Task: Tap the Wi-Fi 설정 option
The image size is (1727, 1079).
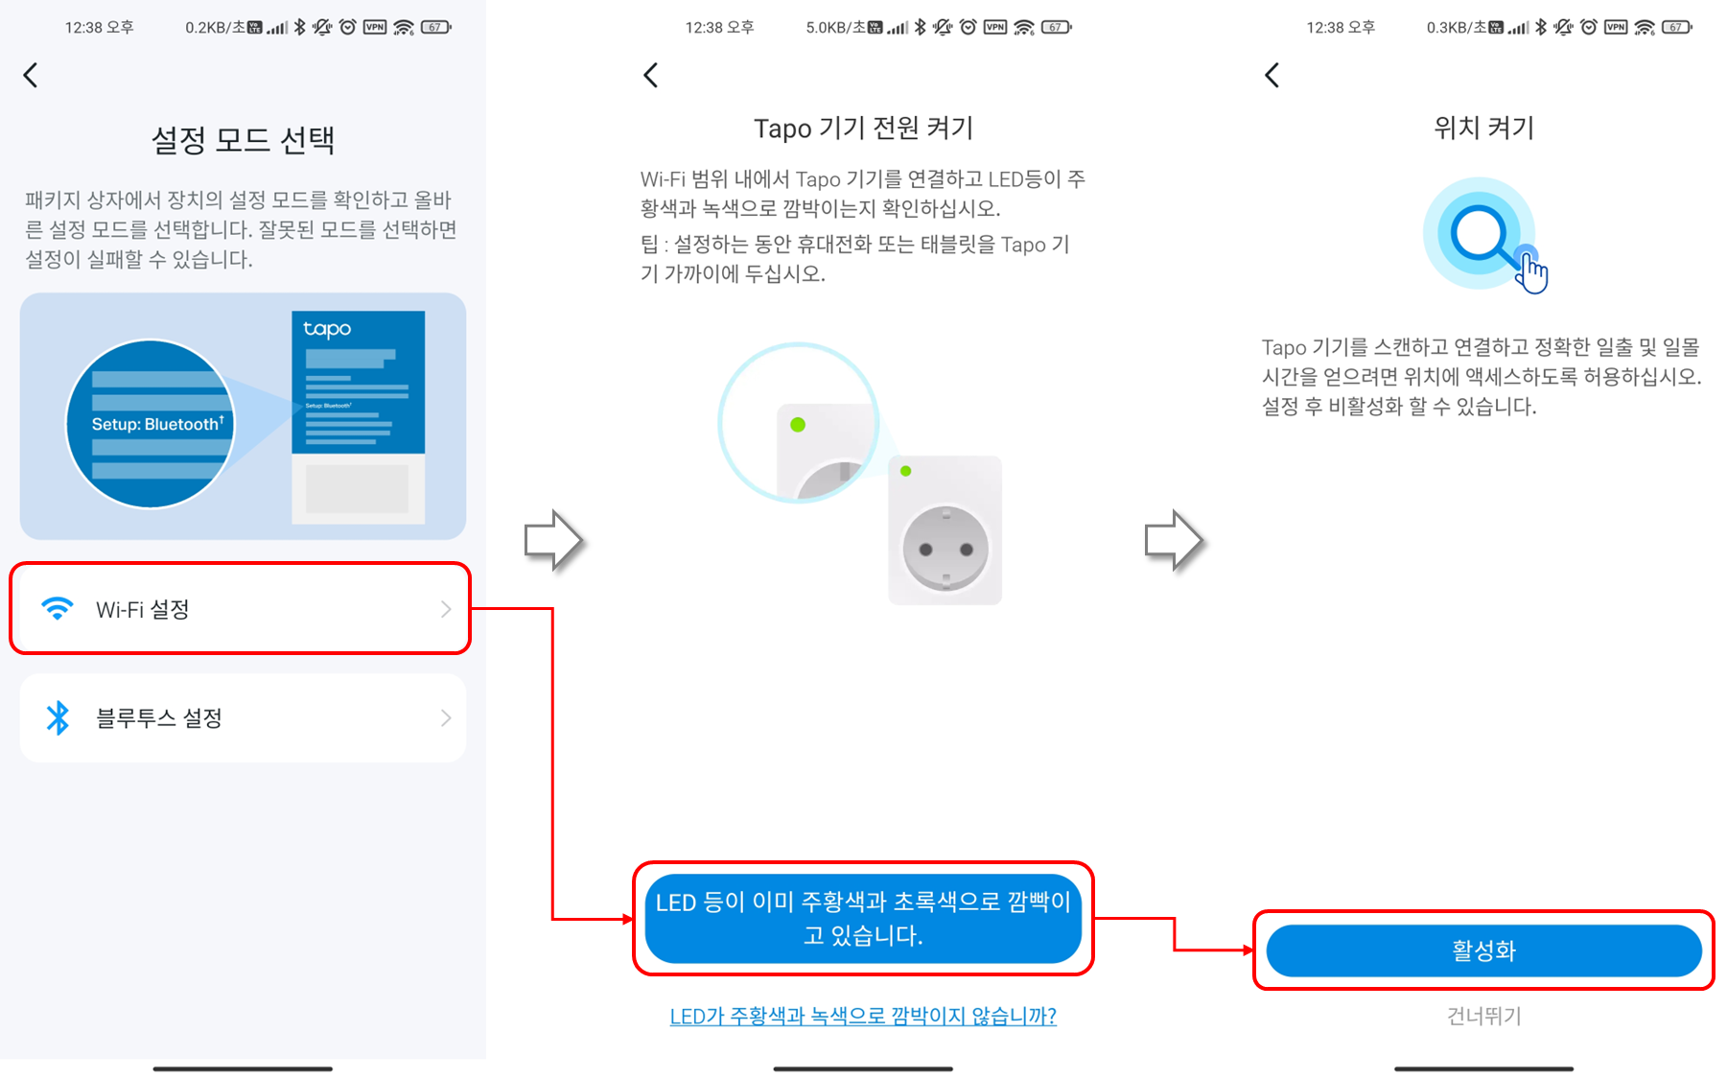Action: coord(240,609)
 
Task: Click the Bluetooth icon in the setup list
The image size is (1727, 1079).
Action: coord(58,717)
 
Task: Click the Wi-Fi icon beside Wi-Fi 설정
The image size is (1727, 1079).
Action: coord(58,609)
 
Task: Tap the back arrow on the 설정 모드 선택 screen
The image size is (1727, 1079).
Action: coord(31,75)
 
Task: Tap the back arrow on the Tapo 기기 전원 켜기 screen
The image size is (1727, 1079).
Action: coord(651,75)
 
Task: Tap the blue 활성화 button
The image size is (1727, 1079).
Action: coord(1482,950)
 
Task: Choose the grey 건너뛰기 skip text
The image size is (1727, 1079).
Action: coord(1483,1016)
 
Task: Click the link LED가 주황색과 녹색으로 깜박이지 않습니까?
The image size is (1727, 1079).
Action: coord(863,1016)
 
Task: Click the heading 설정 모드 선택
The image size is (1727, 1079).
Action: coord(243,140)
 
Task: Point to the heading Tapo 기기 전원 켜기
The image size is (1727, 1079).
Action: coord(863,128)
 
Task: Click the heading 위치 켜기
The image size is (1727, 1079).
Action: coord(1483,128)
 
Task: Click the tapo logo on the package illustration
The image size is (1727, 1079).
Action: coord(327,329)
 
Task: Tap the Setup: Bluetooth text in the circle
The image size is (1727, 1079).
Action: coord(157,424)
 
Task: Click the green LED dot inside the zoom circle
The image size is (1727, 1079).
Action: coord(798,425)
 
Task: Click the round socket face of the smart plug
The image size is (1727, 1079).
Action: coord(945,549)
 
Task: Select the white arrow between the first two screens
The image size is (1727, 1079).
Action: coord(553,540)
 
